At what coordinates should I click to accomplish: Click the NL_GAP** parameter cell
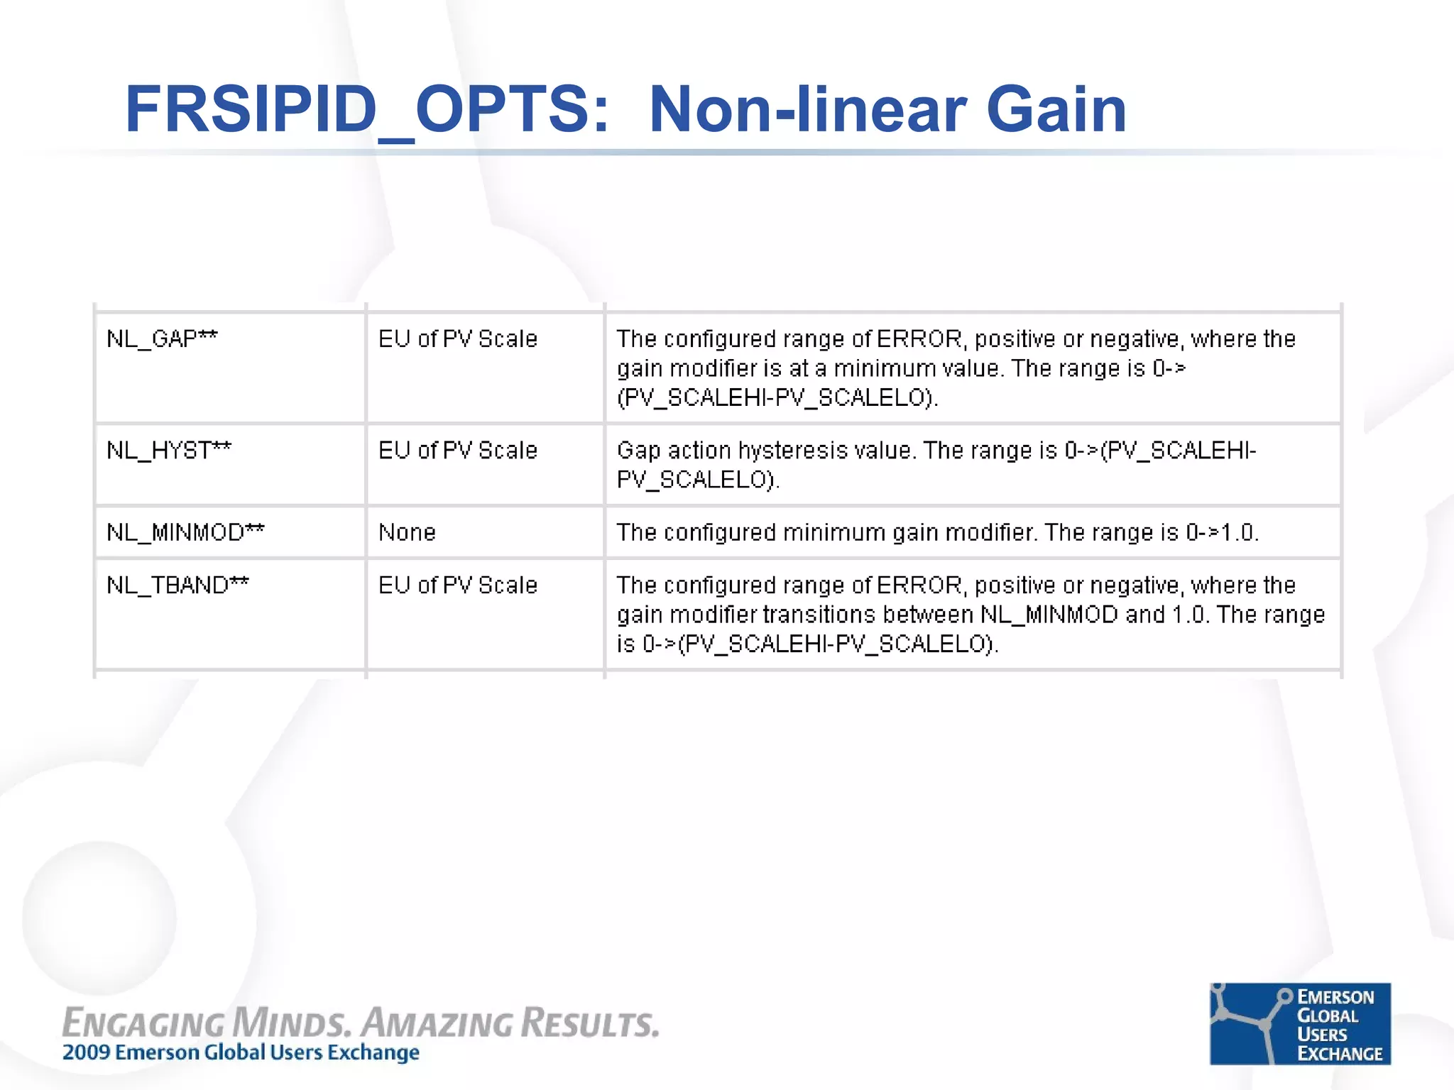[162, 339]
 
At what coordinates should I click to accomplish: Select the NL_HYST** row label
[169, 451]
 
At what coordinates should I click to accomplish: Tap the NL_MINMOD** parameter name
[185, 532]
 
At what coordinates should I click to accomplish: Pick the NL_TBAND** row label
[177, 585]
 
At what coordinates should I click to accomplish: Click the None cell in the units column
[407, 532]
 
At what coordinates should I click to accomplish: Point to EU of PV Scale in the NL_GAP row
[458, 339]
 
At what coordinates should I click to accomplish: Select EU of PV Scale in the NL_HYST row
[458, 451]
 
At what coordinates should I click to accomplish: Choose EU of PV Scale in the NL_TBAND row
[458, 585]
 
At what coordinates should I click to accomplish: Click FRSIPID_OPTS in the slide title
[366, 110]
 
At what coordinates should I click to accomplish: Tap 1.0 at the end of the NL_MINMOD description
[1239, 532]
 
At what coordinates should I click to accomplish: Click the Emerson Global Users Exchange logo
[1299, 1023]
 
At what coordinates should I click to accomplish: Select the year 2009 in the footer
[86, 1052]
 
